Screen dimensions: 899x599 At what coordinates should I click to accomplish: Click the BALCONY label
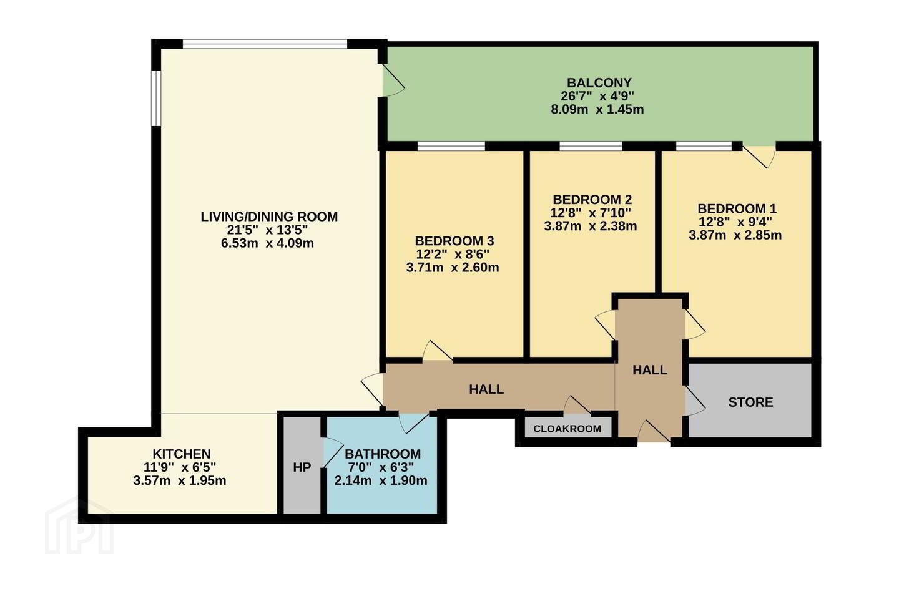click(599, 82)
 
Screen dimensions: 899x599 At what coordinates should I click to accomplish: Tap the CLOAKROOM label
click(567, 429)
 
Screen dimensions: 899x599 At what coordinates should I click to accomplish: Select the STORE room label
click(750, 402)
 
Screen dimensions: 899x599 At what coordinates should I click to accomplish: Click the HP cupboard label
click(302, 467)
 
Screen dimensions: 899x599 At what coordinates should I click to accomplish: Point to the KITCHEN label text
click(182, 454)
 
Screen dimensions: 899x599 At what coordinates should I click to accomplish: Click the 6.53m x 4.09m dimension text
click(267, 243)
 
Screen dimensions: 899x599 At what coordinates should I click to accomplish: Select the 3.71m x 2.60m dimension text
click(453, 267)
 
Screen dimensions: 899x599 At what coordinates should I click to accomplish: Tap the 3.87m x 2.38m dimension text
click(591, 226)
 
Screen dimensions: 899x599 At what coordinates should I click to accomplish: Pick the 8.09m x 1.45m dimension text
click(597, 109)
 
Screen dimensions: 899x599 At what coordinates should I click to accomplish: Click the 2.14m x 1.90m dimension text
click(381, 480)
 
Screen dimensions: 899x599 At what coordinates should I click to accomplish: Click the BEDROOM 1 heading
click(737, 208)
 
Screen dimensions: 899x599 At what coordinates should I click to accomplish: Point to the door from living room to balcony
click(393, 80)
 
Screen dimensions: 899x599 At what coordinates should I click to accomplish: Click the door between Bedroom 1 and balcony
click(759, 157)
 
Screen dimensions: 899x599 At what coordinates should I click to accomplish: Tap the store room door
click(695, 401)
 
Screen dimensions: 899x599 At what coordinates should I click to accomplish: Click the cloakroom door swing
click(577, 404)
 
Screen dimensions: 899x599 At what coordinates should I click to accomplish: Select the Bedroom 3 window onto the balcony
click(451, 146)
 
